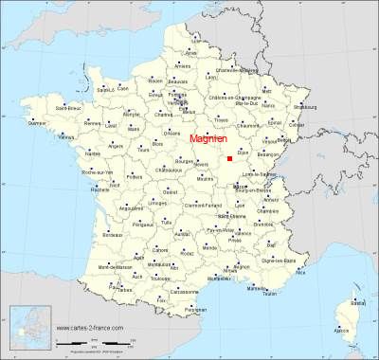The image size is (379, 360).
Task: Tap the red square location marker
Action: coord(229,159)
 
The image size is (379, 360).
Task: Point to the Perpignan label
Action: coord(196,309)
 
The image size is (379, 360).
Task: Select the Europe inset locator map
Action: coord(27,329)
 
